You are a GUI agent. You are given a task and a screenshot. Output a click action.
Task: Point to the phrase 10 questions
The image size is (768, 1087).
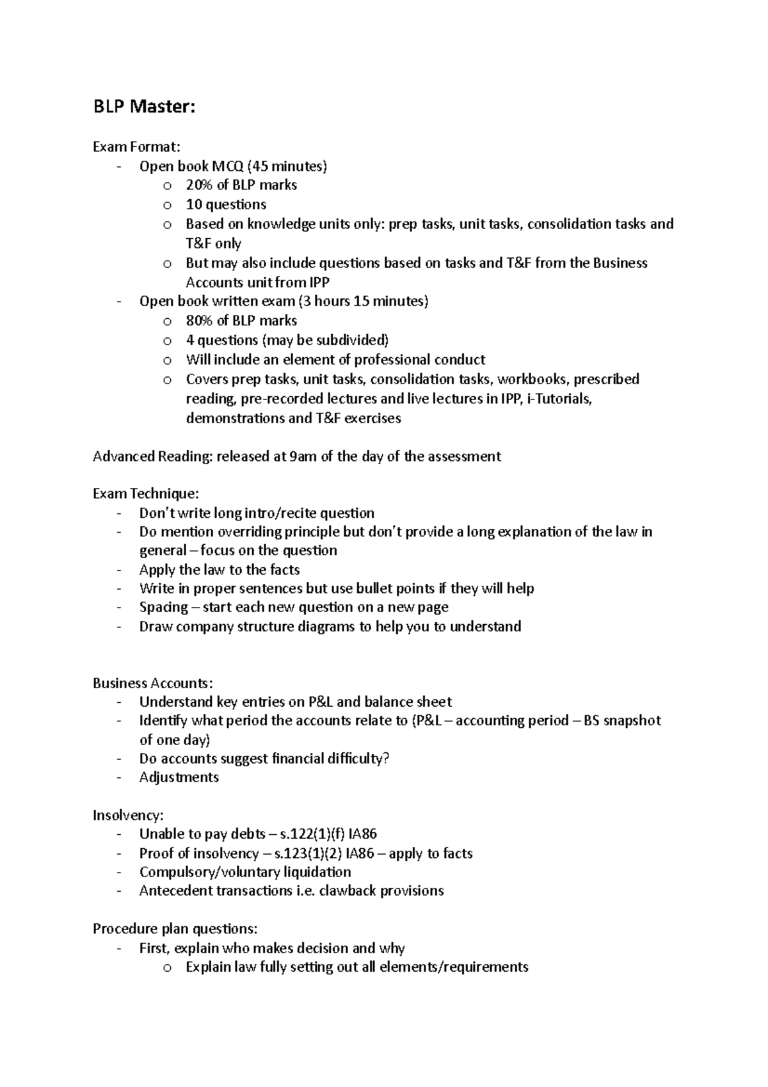pos(225,205)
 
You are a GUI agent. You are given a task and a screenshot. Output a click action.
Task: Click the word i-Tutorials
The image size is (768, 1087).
pos(558,399)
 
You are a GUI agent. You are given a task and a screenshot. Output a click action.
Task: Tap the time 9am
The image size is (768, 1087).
pos(303,456)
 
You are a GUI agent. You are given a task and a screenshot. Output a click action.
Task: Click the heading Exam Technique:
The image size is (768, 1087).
pos(146,494)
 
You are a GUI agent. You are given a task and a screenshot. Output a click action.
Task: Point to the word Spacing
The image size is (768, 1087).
pos(164,607)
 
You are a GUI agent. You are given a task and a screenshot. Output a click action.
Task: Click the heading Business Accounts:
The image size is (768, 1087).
pos(152,683)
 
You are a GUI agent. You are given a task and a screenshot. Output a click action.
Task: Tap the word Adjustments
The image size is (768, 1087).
pos(179,777)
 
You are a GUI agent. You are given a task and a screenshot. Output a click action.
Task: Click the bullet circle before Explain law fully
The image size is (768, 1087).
pos(167,968)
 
